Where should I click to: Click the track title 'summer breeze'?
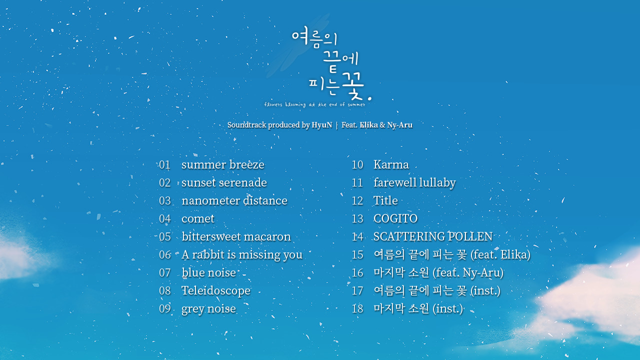(x=223, y=165)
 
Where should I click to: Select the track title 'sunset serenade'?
(x=224, y=183)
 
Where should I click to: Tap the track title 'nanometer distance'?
(x=234, y=201)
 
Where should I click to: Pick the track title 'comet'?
(x=198, y=219)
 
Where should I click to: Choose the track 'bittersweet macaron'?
(x=236, y=237)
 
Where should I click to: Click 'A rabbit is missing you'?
(x=242, y=255)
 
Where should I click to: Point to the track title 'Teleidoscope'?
(x=216, y=291)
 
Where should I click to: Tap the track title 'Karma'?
(x=391, y=165)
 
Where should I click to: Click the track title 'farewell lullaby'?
(x=414, y=183)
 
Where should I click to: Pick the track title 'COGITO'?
(x=395, y=219)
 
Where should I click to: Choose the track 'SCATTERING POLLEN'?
(x=433, y=237)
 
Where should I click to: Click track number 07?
(x=165, y=273)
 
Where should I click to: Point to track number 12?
(x=357, y=201)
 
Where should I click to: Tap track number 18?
(x=357, y=309)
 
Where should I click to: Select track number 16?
(x=357, y=273)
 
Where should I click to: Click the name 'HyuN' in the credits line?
(x=321, y=125)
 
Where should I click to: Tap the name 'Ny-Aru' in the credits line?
(x=399, y=125)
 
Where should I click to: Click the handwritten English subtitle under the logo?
(x=314, y=104)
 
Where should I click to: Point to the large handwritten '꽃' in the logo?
(x=353, y=85)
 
